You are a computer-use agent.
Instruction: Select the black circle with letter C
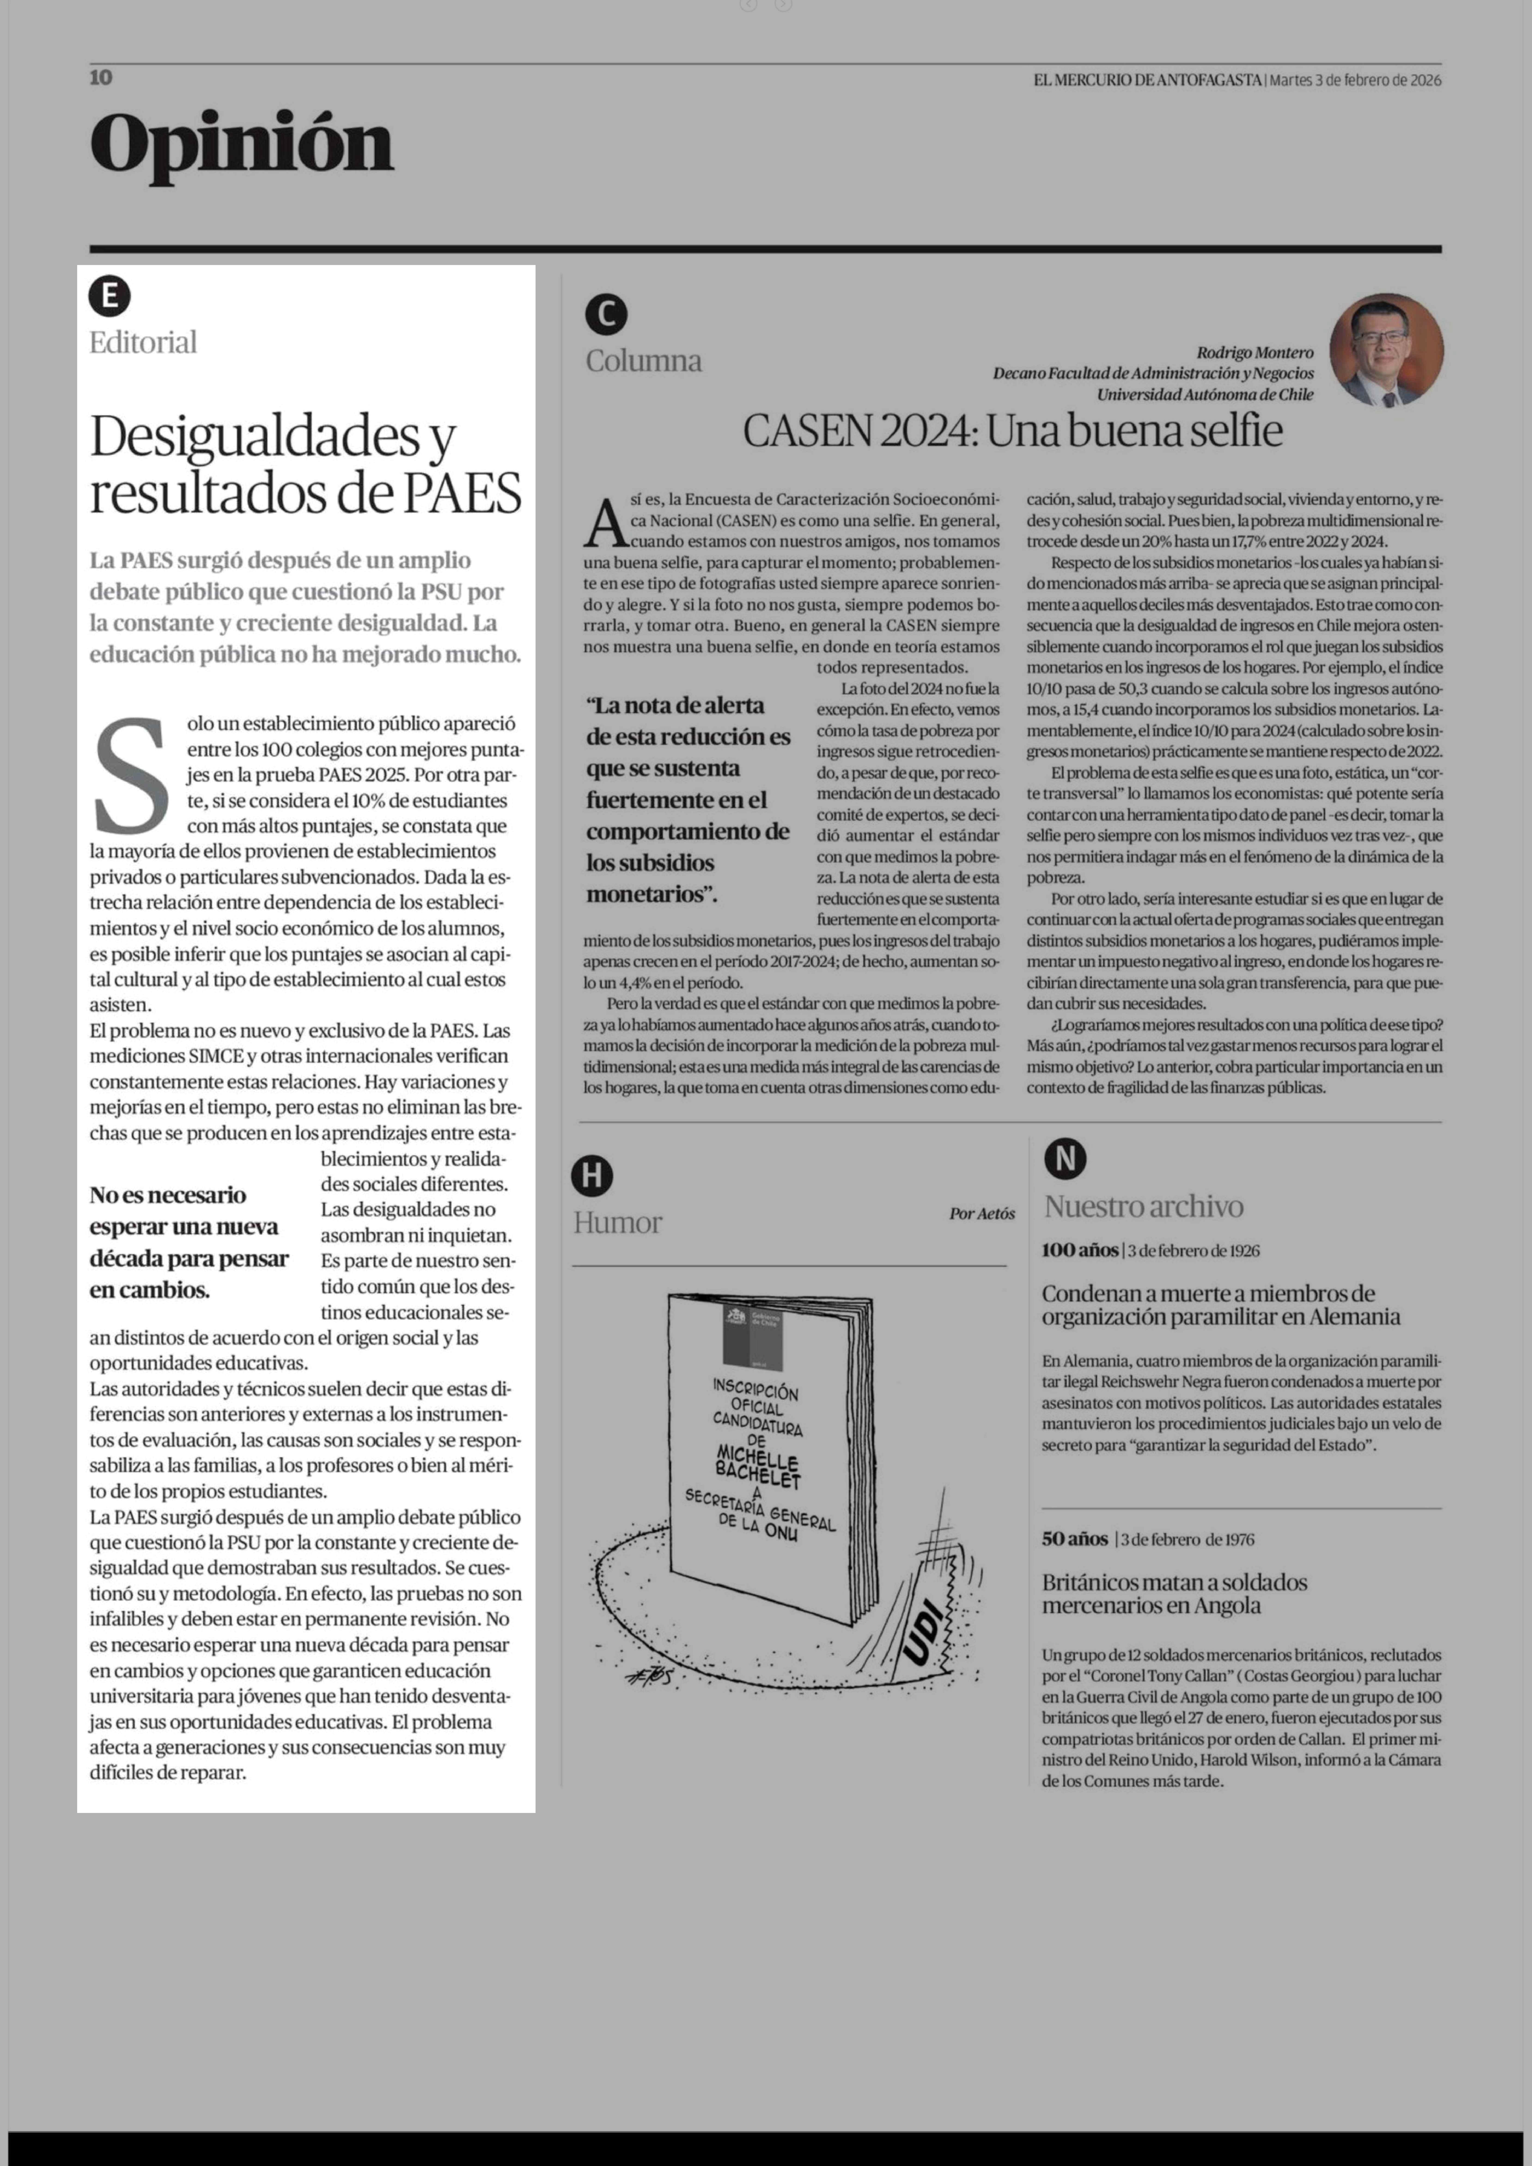pos(606,314)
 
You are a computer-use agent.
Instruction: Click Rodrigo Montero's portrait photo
pos(1386,350)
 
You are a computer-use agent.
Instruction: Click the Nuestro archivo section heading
pos(1143,1206)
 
